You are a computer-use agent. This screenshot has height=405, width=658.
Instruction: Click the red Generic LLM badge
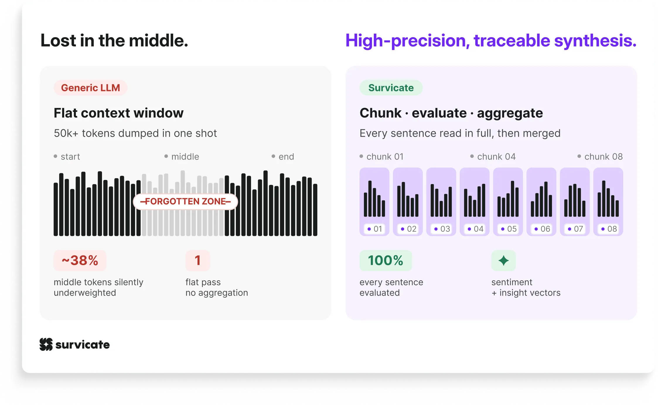coord(91,88)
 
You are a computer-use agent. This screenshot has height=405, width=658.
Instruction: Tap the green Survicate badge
coord(391,88)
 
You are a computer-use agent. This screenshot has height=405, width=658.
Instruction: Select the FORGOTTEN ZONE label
coord(185,201)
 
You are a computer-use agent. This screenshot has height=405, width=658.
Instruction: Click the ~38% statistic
coord(80,260)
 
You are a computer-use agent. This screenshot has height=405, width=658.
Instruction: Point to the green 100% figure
coord(386,260)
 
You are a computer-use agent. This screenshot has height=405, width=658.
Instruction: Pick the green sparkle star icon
coord(503,260)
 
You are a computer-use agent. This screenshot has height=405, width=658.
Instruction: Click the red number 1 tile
coord(198,260)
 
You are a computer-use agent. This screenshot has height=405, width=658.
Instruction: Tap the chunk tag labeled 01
coord(374,229)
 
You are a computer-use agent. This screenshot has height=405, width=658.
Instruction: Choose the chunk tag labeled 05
coord(508,229)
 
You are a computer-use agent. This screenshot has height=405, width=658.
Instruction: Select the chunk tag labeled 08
coord(608,229)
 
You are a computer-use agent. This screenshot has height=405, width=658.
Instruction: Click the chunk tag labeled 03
coord(441,229)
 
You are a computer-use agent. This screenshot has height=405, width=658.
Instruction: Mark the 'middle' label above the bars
coord(185,157)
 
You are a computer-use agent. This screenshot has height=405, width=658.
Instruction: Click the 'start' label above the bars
coord(70,157)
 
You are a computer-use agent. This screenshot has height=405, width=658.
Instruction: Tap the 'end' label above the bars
coord(286,157)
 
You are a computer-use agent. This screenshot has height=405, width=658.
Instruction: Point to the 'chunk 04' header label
coord(496,157)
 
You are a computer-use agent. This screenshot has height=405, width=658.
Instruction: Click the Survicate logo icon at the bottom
coord(46,344)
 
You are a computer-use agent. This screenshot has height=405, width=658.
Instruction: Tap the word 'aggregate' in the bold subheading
coord(510,113)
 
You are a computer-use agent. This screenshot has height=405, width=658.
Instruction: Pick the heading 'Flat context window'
coord(119,113)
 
